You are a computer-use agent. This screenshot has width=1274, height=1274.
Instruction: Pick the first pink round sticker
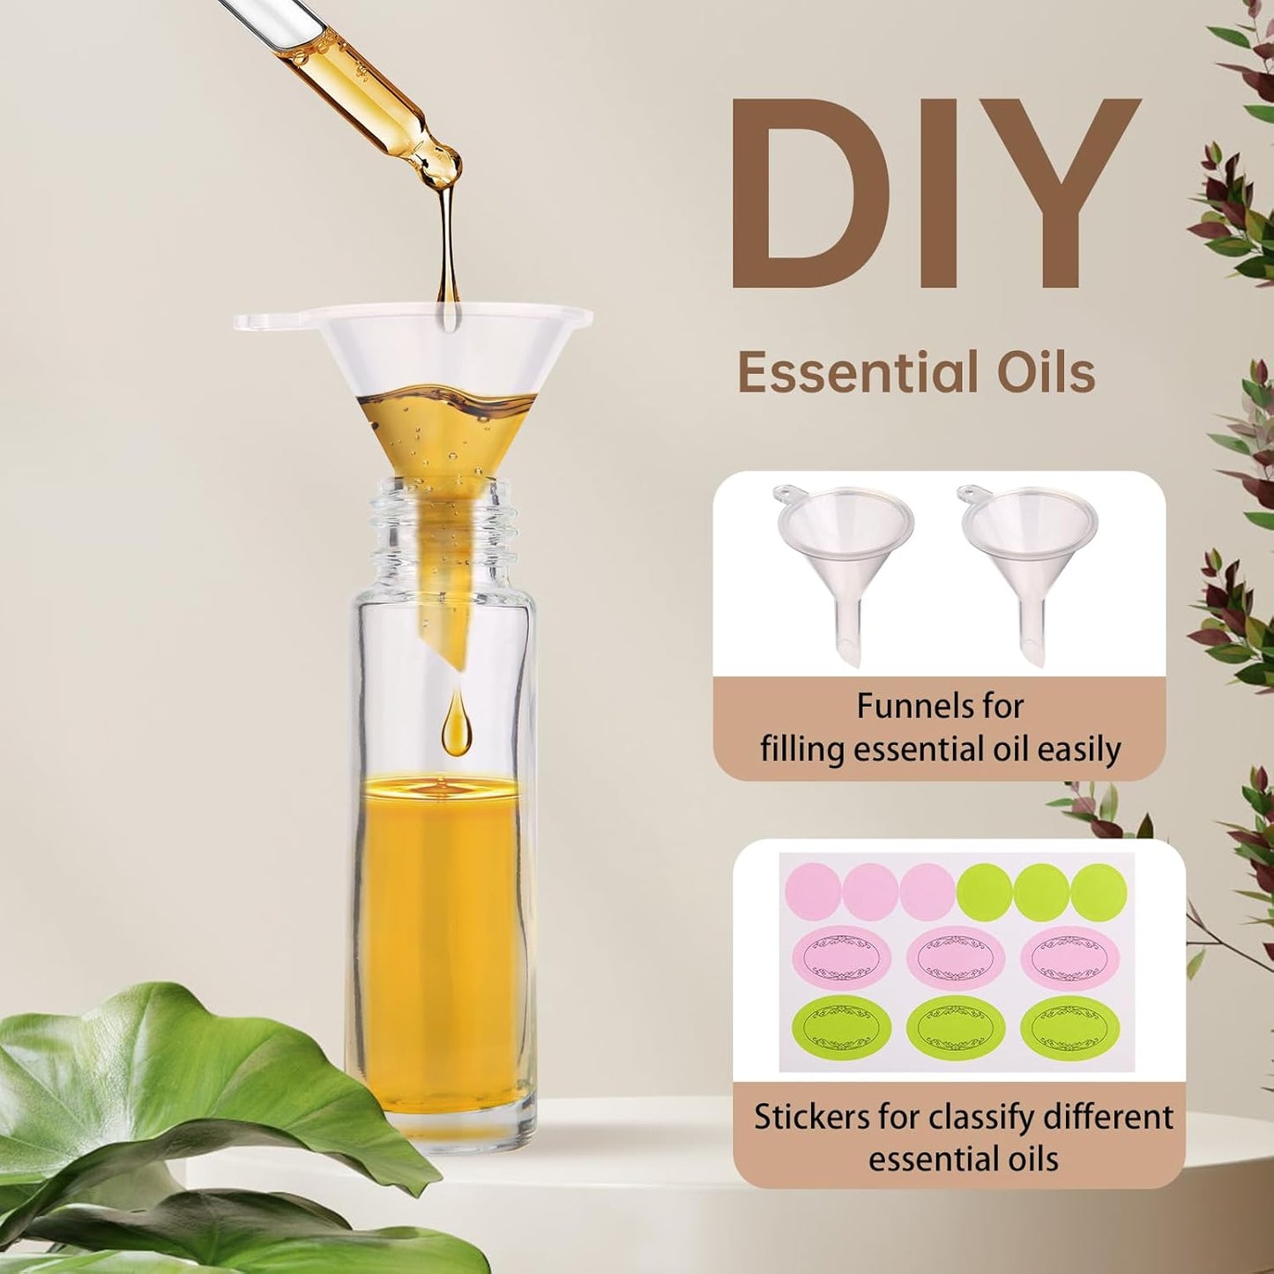tap(812, 890)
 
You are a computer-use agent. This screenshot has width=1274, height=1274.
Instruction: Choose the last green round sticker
tap(1099, 890)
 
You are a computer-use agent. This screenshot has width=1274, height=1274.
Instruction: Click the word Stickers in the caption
tap(811, 1117)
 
